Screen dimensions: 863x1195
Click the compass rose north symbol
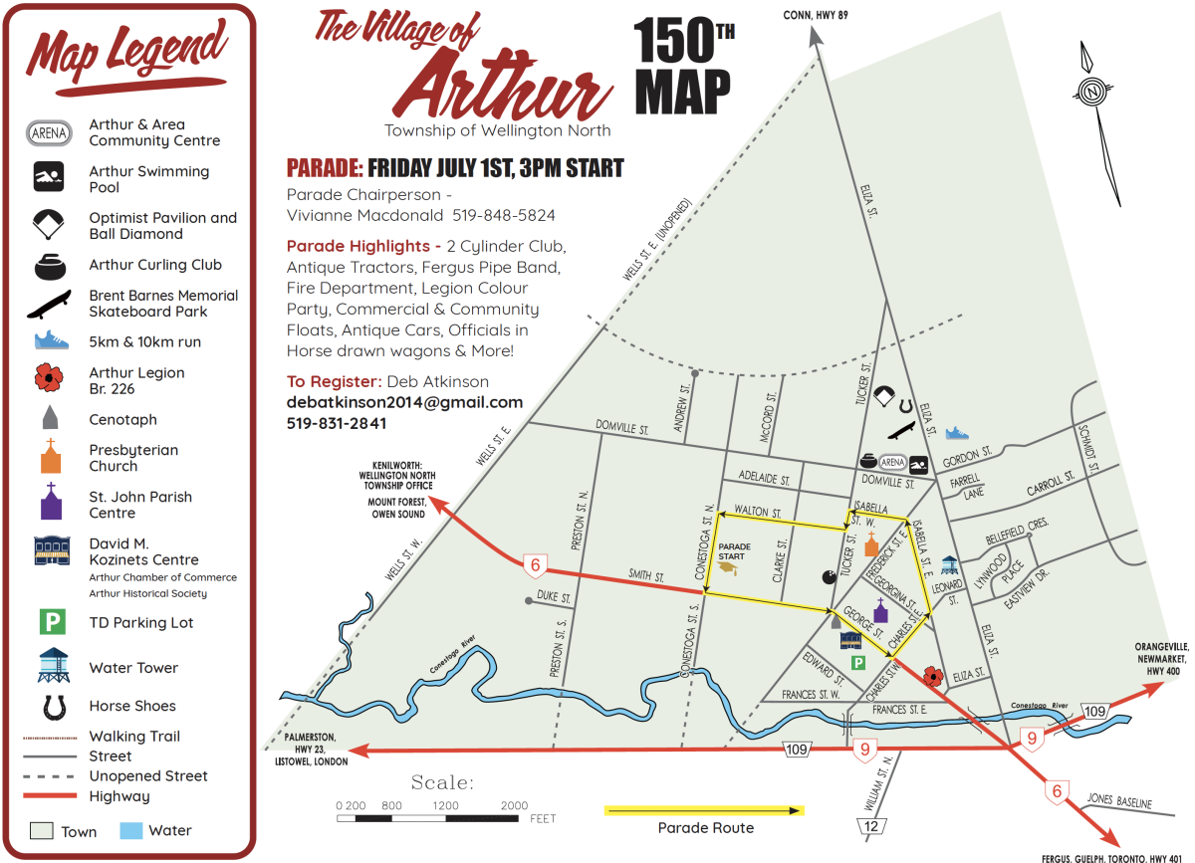1092,90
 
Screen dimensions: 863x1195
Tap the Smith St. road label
646,575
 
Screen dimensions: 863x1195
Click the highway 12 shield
873,825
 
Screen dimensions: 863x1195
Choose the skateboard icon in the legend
49,304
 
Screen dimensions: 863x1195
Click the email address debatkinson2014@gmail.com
404,402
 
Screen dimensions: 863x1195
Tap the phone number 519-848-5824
504,215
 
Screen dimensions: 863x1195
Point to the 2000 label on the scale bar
514,805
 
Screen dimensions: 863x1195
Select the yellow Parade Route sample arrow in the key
704,810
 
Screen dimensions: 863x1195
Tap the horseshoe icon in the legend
49,706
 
